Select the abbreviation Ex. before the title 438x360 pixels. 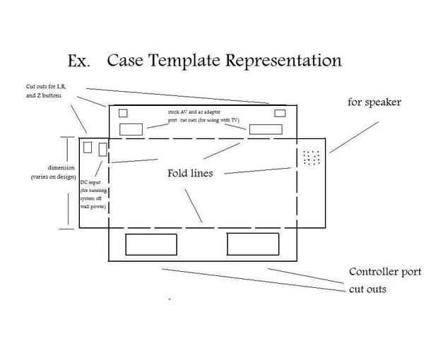78,61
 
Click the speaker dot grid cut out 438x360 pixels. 311,157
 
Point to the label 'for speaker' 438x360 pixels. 374,102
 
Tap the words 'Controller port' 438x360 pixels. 385,272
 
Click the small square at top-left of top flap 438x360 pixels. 123,113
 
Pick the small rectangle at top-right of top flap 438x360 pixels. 280,113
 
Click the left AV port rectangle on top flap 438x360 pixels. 131,129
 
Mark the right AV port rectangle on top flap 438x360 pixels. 264,129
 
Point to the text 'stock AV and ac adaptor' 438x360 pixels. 199,112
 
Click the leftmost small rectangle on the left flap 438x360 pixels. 88,148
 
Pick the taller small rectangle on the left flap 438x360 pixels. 103,150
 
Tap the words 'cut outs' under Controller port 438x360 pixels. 367,289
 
